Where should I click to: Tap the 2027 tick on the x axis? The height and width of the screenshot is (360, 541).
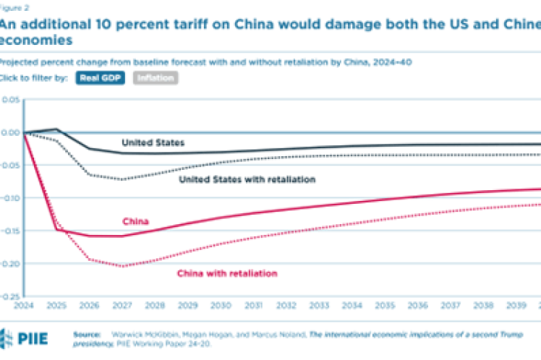(121, 307)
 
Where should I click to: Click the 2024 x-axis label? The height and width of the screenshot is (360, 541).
(25, 307)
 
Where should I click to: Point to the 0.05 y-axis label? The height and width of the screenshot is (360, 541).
(11, 99)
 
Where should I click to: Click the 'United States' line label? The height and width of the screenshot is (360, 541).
(153, 142)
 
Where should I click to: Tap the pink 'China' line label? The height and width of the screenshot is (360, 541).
(135, 221)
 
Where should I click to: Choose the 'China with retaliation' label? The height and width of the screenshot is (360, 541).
(226, 273)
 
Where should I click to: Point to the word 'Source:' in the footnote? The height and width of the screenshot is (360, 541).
(88, 334)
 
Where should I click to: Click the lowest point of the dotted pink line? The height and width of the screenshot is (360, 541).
(122, 266)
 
